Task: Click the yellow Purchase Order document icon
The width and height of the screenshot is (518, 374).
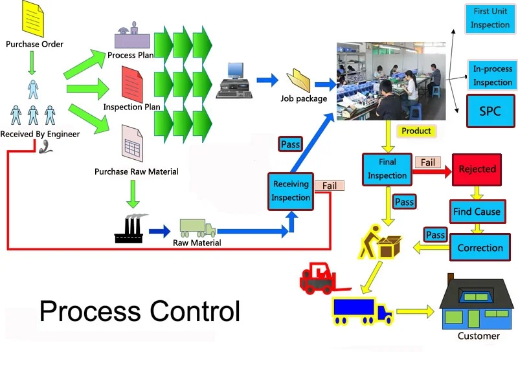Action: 32,20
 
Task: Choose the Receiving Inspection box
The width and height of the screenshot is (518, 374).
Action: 291,191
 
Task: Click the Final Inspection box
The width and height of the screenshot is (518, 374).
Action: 387,168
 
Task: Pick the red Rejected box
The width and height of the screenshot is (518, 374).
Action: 477,169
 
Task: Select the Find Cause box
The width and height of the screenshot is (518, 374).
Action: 477,211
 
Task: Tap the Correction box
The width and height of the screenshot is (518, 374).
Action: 480,247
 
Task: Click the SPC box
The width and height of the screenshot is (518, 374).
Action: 490,111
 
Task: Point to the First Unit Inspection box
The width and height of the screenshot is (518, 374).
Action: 490,19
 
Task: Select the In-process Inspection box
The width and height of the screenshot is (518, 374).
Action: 492,75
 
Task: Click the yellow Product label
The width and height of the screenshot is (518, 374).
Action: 416,131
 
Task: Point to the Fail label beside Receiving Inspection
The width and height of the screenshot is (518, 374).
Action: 330,186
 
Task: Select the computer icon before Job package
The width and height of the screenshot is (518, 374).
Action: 234,81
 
